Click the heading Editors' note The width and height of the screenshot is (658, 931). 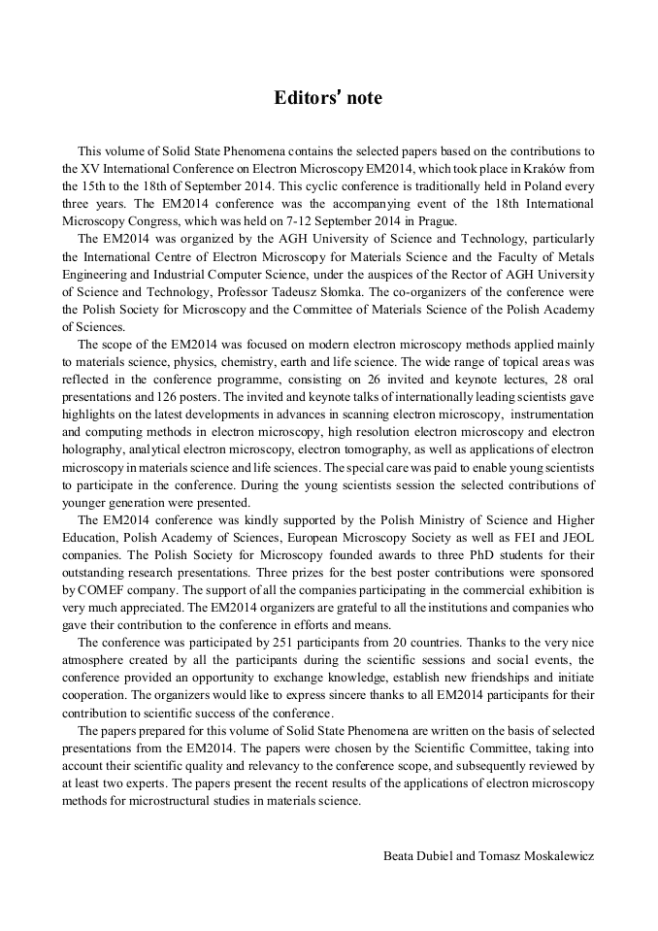[x=328, y=98]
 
